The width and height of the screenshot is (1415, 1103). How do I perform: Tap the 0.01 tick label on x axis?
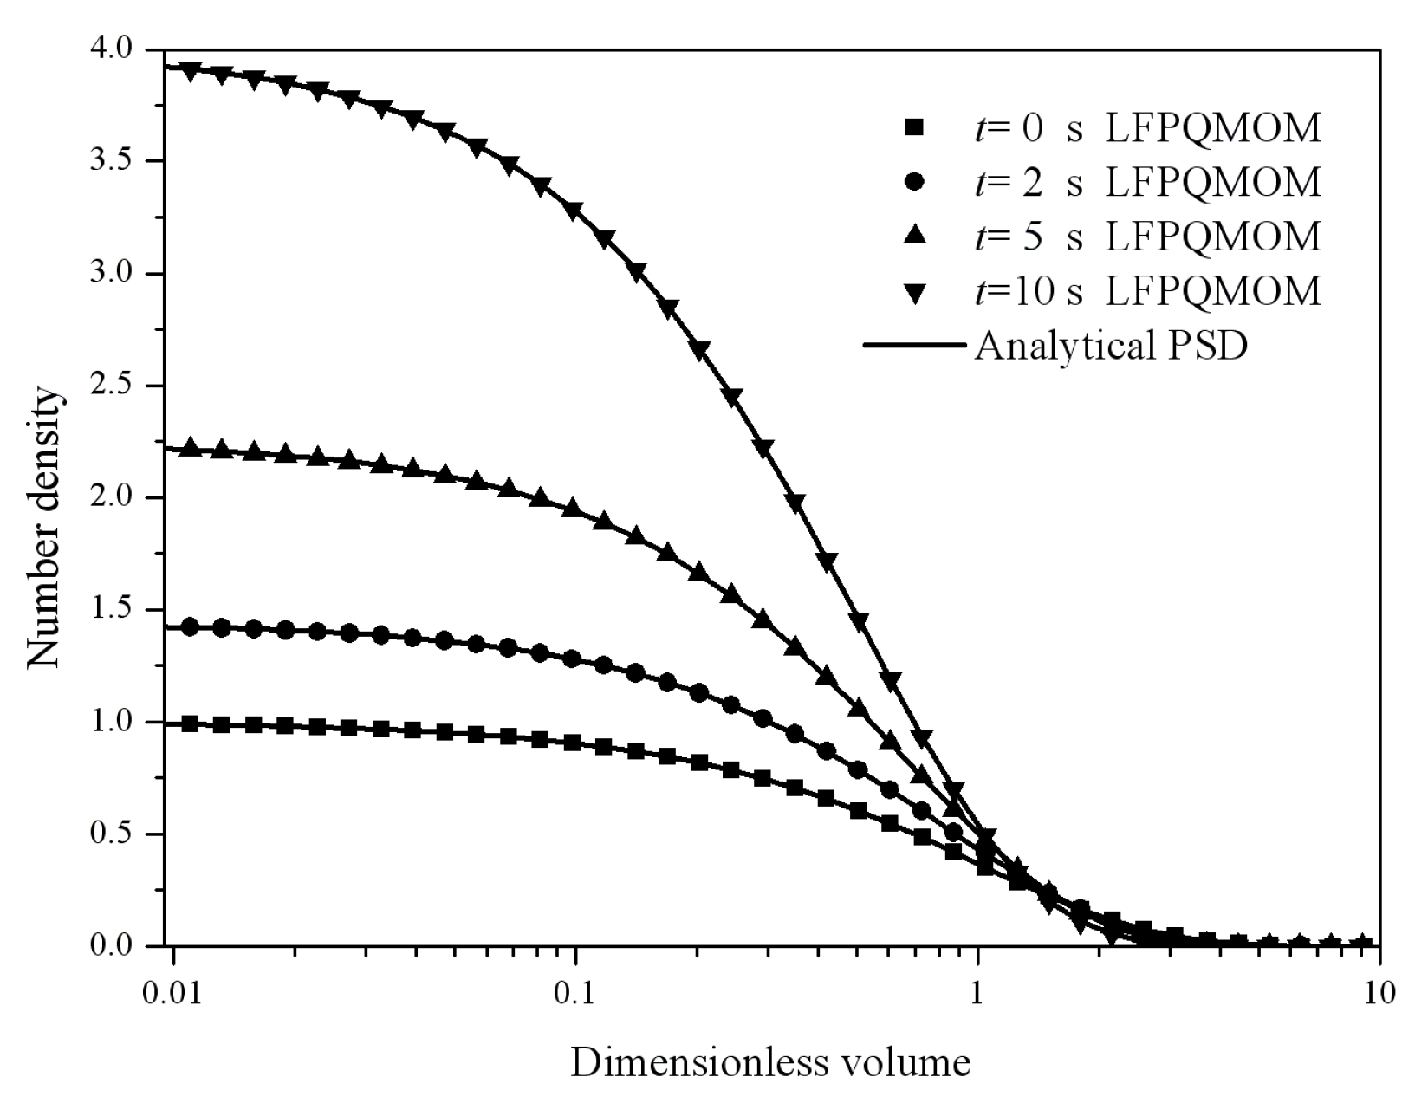click(173, 991)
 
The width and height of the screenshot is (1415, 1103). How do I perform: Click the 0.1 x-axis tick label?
click(575, 991)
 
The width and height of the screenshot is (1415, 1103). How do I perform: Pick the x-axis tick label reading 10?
click(1378, 991)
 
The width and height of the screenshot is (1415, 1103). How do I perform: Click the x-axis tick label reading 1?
click(977, 991)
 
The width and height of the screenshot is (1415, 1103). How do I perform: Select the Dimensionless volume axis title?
click(770, 1062)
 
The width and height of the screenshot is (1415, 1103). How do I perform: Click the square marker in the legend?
click(913, 128)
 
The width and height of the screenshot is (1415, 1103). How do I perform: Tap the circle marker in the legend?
click(913, 183)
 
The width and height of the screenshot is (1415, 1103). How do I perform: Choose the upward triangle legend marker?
click(913, 236)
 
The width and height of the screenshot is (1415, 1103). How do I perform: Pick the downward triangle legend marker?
click(913, 292)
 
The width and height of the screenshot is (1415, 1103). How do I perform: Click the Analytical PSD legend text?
click(1111, 346)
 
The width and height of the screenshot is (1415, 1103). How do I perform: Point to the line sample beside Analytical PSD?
click(913, 346)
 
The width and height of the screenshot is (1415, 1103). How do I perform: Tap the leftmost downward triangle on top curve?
click(192, 70)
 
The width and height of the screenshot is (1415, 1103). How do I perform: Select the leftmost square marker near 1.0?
click(192, 723)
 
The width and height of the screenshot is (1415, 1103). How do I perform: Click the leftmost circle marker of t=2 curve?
click(192, 627)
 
